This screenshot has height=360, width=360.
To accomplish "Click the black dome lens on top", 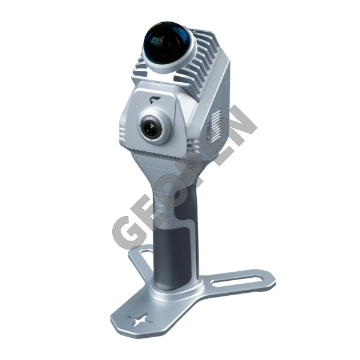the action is click(x=167, y=43).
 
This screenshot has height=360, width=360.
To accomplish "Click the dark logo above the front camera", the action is click(x=155, y=100).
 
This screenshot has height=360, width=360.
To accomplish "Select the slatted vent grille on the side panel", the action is click(x=216, y=124).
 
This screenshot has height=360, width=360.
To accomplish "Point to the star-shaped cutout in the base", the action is click(x=140, y=320).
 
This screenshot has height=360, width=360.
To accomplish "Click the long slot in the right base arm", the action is click(x=237, y=281).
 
